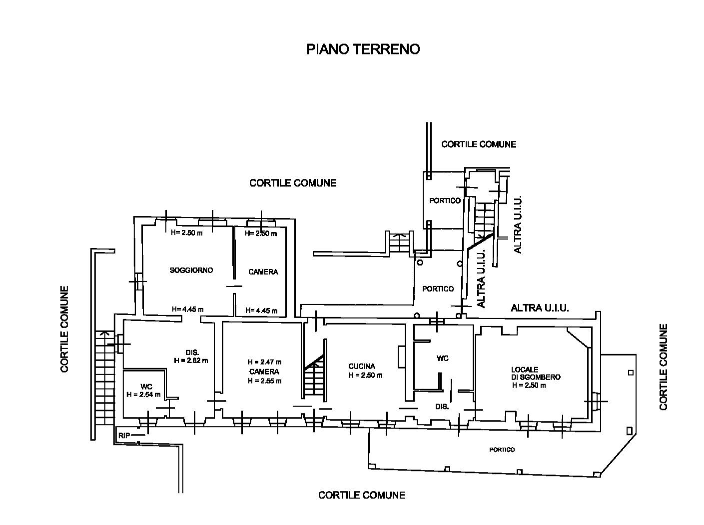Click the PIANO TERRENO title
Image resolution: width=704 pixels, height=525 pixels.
point(363,49)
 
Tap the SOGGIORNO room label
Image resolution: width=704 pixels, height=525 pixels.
point(191,270)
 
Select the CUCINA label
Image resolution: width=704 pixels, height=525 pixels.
point(362,366)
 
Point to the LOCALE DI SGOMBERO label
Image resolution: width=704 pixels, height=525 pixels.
point(535,373)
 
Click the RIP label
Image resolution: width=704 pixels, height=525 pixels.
point(124,436)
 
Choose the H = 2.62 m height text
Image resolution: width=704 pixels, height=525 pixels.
point(191,360)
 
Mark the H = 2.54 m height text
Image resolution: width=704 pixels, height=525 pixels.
point(143,394)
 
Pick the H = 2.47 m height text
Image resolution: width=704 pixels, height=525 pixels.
point(264,362)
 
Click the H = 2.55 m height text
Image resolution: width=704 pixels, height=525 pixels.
point(264,381)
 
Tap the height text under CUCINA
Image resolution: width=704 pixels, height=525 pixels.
point(365,375)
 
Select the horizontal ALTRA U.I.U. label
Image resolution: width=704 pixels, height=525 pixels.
point(540,308)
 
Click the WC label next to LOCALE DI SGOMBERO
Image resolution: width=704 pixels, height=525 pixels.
point(442,358)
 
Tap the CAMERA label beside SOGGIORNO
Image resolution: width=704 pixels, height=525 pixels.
point(263,272)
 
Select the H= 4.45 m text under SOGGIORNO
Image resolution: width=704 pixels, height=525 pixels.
point(187,309)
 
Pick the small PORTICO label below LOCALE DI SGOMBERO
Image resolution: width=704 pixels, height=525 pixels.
point(502,450)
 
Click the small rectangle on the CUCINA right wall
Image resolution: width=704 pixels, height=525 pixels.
point(401,357)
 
